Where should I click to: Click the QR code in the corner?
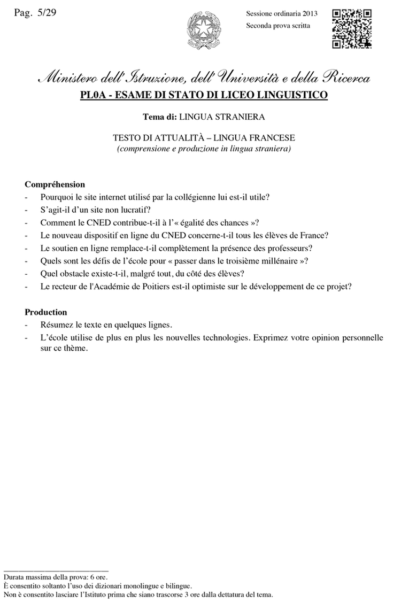[x=352, y=29]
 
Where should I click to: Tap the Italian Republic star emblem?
[x=200, y=30]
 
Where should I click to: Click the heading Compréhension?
[x=55, y=184]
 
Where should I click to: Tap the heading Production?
[x=46, y=312]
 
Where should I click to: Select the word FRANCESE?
[x=266, y=138]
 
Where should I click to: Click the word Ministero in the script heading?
[x=66, y=79]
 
